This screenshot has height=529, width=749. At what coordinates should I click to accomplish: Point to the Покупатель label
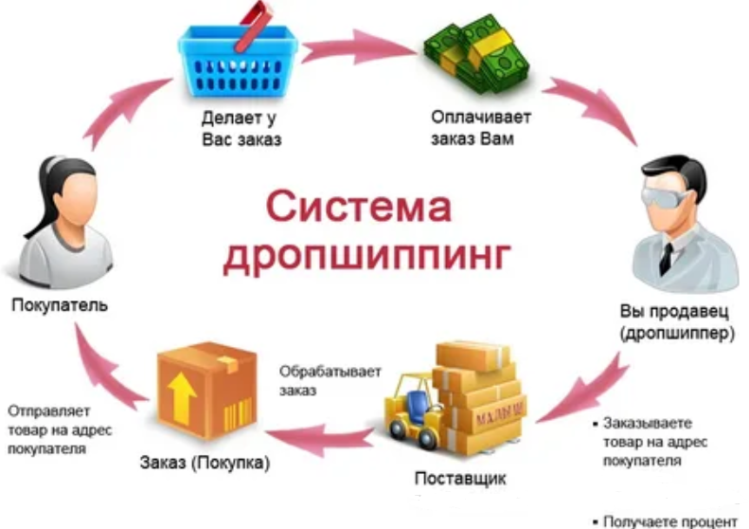click(60, 305)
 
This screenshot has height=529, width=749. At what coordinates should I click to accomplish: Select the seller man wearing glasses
click(678, 228)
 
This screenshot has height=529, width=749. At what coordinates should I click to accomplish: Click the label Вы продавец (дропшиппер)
click(677, 322)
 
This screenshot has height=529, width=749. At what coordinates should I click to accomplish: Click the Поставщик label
click(460, 478)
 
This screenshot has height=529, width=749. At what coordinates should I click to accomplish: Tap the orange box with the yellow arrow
click(207, 389)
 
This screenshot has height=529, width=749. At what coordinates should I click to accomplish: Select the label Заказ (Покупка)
click(205, 464)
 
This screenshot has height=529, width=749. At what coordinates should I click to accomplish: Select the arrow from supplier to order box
click(322, 437)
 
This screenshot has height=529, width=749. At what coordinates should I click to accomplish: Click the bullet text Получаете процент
click(668, 520)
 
